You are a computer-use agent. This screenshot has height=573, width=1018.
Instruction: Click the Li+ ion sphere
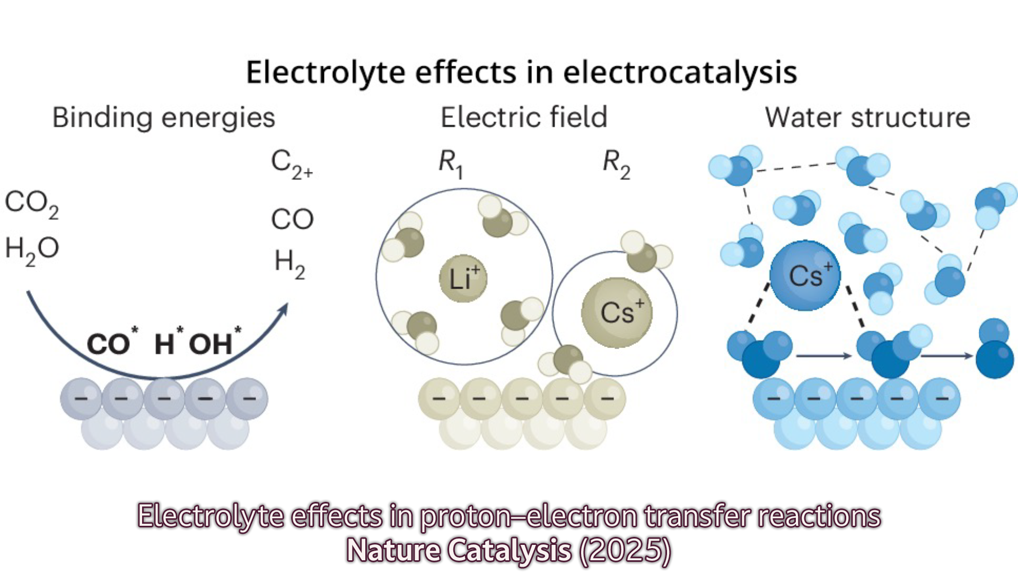[463, 278]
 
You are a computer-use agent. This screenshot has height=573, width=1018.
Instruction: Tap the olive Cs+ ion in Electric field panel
[617, 312]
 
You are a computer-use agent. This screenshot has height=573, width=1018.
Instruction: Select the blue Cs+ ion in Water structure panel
[805, 275]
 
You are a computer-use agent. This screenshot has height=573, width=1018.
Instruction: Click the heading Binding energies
[163, 118]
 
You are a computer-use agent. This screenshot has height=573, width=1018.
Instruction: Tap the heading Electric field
[524, 118]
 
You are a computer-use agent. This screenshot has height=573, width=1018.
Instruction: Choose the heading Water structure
[867, 118]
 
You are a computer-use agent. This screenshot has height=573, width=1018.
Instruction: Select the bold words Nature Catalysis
[459, 550]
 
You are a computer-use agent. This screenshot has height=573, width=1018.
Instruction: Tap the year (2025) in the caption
[625, 550]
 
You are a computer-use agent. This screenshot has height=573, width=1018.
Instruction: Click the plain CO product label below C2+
[292, 219]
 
